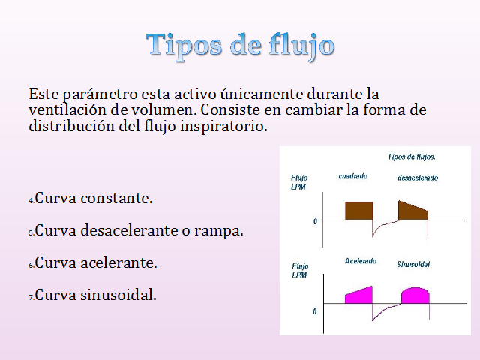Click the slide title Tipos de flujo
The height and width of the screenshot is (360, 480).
tap(240, 46)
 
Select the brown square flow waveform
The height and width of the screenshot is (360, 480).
tap(358, 211)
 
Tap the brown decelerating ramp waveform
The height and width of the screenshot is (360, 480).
tap(413, 210)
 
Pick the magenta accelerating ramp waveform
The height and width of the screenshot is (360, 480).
tap(358, 295)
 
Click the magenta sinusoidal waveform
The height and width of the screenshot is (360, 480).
tap(415, 295)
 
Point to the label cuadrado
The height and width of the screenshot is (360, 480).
tap(353, 176)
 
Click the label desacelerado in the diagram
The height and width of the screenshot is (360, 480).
tap(418, 178)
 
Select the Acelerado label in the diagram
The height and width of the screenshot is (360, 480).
tap(361, 261)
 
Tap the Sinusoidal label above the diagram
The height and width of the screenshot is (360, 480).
tap(413, 264)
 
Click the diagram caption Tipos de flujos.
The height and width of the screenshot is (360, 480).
tap(412, 157)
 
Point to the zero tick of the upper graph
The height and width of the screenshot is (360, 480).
tap(315, 221)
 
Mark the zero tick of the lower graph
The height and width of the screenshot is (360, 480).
tap(315, 311)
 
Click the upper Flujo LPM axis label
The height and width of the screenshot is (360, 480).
tap(299, 182)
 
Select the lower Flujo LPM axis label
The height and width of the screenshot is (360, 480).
tap(300, 270)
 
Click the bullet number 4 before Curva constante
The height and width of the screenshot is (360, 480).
tap(31, 200)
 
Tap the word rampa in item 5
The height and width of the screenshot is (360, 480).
tap(218, 230)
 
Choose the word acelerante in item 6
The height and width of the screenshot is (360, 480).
tap(118, 262)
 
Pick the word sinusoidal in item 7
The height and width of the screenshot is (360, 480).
tap(118, 295)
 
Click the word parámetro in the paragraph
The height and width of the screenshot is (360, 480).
tap(100, 94)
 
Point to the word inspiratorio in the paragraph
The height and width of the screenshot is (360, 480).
tap(223, 127)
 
